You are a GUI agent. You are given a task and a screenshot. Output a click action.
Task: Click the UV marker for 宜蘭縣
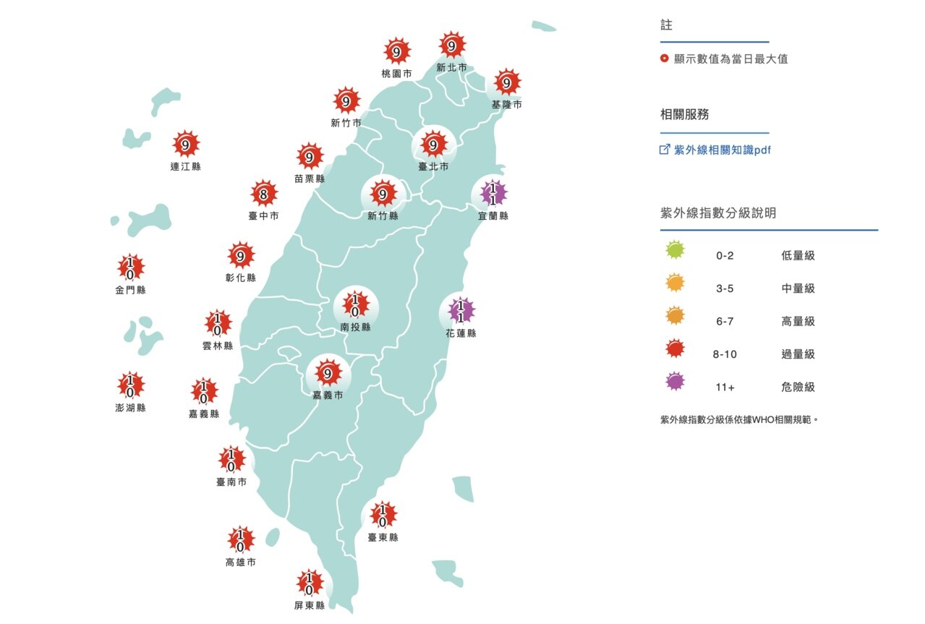click(x=494, y=194)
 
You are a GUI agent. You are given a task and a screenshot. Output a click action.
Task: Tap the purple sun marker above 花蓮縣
click(x=459, y=312)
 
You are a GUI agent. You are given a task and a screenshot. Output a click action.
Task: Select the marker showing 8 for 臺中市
click(x=264, y=194)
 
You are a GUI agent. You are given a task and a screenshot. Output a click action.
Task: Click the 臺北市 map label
click(x=433, y=166)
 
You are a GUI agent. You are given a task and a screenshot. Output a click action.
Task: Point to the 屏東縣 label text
click(x=309, y=606)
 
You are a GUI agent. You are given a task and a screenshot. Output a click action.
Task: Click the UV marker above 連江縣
click(x=186, y=145)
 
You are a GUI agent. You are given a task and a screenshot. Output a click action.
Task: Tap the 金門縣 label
click(x=130, y=290)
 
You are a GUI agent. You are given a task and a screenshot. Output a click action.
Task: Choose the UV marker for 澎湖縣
click(x=130, y=385)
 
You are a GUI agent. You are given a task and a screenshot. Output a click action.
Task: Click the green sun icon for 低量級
click(x=675, y=251)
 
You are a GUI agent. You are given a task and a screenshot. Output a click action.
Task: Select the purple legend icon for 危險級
click(x=675, y=382)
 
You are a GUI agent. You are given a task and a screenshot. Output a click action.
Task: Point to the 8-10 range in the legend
click(x=725, y=354)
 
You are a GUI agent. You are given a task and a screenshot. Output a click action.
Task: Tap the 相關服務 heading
click(x=684, y=114)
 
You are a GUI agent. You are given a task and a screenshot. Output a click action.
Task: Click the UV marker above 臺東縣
click(x=383, y=515)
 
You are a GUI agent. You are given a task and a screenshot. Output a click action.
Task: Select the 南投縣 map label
click(x=355, y=328)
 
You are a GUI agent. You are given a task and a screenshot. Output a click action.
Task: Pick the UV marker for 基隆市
click(x=506, y=83)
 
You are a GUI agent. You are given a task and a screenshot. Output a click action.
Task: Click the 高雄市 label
click(x=240, y=562)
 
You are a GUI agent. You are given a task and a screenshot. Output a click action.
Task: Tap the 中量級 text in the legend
click(x=798, y=289)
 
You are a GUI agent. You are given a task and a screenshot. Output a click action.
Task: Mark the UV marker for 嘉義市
click(x=328, y=373)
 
